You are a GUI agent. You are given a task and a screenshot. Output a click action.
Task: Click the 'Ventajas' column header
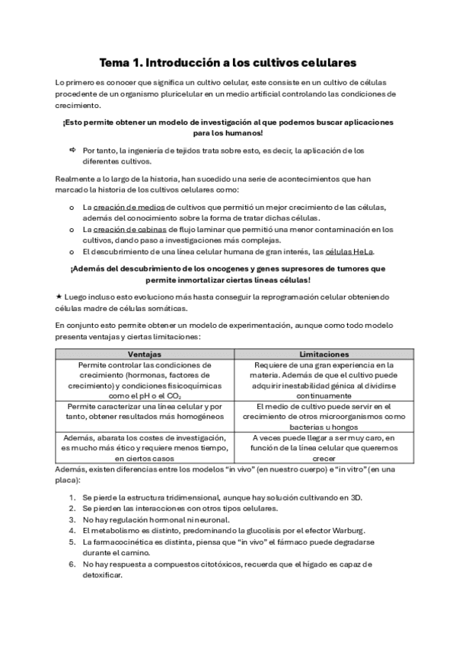point(144,354)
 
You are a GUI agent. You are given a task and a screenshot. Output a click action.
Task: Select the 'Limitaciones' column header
point(314,354)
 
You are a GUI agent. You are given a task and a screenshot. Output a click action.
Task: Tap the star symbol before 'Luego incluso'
point(59,294)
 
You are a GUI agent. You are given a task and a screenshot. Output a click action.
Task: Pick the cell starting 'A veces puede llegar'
point(314,448)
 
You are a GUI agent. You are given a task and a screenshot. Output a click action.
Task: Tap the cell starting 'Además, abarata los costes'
point(144,448)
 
